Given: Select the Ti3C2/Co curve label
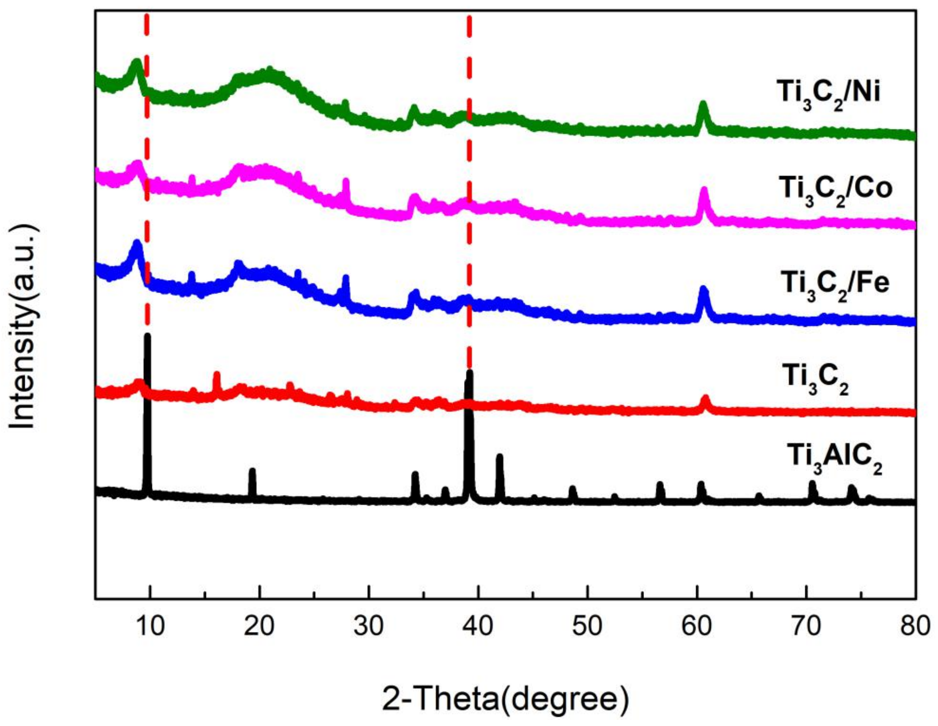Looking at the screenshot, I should [835, 190].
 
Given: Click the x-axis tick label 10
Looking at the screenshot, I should [151, 626].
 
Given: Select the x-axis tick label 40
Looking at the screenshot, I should [478, 626].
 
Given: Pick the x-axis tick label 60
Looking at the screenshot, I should [697, 626].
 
